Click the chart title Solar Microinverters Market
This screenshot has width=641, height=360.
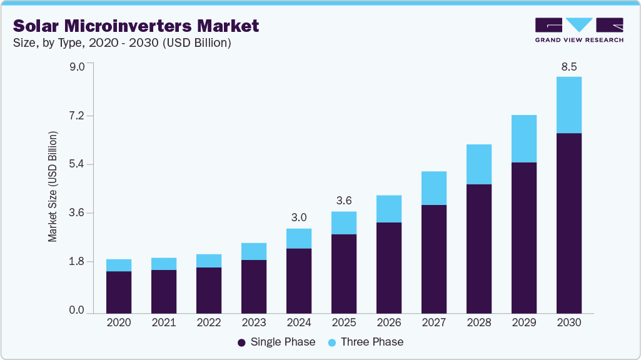click(x=136, y=26)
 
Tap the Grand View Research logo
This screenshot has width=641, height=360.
click(x=578, y=29)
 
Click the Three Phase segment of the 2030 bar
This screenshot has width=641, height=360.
click(x=568, y=105)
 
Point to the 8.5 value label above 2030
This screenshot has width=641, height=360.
click(x=568, y=67)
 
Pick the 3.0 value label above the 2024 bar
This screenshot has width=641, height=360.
click(x=299, y=217)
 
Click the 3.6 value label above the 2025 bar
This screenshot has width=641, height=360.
click(x=344, y=201)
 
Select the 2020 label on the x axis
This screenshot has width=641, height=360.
click(x=119, y=323)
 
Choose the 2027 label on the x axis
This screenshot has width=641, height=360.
click(x=434, y=323)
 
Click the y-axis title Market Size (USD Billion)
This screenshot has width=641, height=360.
click(x=53, y=187)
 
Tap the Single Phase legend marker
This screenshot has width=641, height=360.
click(x=241, y=342)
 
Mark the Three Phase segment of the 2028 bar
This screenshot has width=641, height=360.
click(x=479, y=164)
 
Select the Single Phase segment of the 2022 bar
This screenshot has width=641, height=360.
click(x=209, y=290)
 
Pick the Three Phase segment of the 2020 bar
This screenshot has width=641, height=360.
click(x=119, y=265)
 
